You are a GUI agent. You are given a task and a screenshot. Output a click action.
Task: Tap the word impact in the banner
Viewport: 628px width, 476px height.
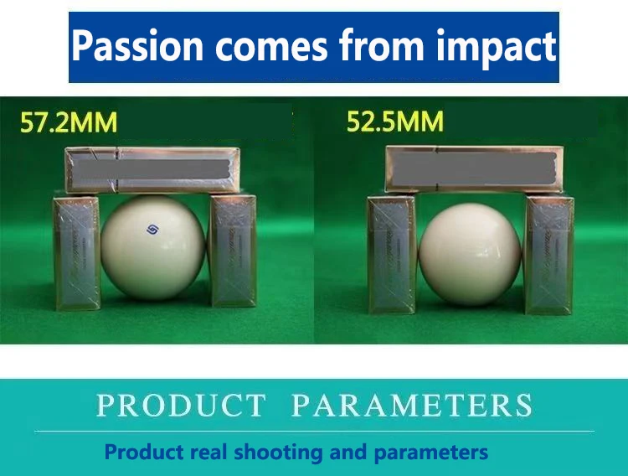click(496, 47)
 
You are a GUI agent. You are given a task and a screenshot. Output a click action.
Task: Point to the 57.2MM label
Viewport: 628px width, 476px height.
click(69, 122)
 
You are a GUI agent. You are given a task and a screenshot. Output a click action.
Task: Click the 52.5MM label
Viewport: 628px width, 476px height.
click(395, 122)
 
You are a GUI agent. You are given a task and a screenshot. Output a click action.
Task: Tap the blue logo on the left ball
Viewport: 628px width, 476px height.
click(152, 230)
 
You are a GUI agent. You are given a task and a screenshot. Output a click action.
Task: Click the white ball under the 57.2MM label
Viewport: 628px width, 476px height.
click(153, 247)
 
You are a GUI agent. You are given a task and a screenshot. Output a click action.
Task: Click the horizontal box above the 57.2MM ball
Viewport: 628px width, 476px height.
click(152, 170)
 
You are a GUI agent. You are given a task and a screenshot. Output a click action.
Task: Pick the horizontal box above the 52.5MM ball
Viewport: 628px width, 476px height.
click(471, 168)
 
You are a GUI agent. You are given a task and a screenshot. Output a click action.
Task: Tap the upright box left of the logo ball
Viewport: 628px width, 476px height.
click(76, 252)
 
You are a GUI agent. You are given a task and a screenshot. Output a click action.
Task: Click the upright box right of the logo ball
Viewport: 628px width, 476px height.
click(233, 251)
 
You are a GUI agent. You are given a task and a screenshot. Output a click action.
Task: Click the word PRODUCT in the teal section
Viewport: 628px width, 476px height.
click(181, 406)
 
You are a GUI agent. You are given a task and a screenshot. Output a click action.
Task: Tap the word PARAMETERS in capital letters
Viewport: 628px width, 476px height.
click(412, 405)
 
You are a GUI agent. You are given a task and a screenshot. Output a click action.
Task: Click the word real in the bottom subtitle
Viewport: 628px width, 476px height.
click(208, 452)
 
